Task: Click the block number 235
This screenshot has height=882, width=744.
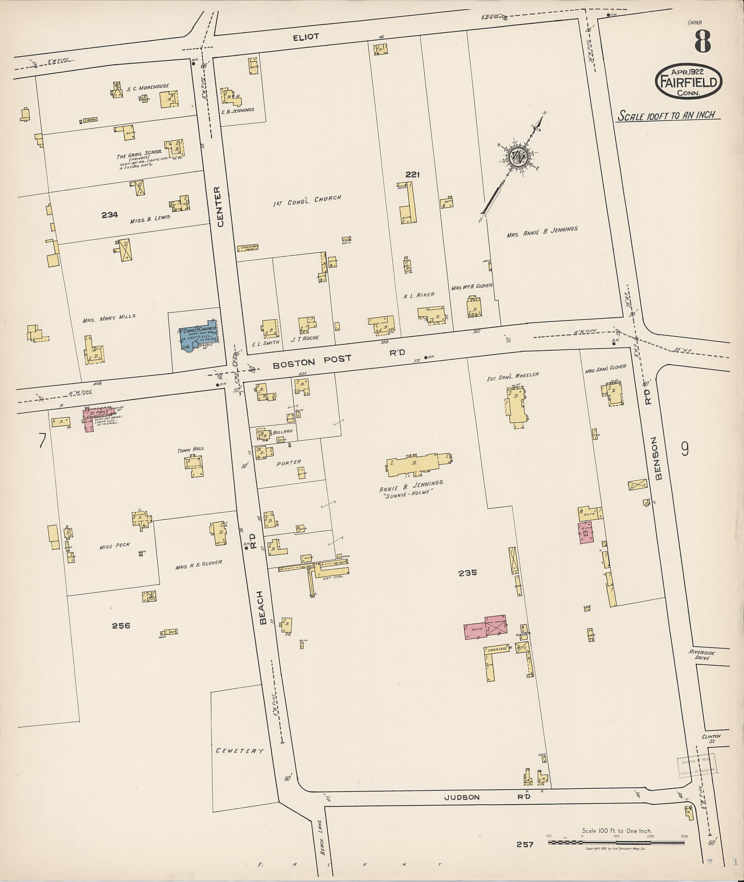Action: click(x=468, y=573)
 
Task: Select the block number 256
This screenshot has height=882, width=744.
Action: click(x=121, y=625)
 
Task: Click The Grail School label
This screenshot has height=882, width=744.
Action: click(x=139, y=154)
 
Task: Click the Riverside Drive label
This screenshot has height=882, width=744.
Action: click(x=702, y=655)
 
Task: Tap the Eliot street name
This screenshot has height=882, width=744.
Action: click(x=306, y=37)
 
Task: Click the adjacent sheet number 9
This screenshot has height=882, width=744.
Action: click(x=685, y=450)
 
